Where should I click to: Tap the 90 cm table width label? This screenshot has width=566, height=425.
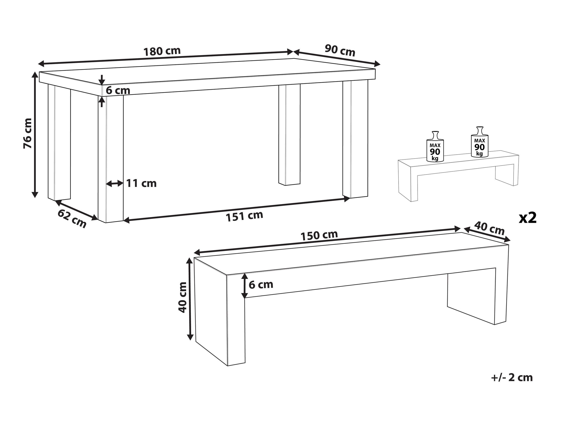[x=340, y=50]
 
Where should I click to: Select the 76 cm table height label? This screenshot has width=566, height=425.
[x=27, y=134]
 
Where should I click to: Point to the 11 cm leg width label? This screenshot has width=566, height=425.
[x=141, y=183]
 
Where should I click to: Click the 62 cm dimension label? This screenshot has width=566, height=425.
[x=72, y=219]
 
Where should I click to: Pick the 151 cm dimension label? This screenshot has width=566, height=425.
[x=244, y=216]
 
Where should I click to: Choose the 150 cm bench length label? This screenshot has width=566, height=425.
[x=319, y=235]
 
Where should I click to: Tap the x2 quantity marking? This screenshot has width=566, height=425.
[x=528, y=218]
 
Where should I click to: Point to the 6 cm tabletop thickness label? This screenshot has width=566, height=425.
[x=118, y=90]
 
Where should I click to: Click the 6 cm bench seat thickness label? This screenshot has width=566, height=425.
[x=261, y=285]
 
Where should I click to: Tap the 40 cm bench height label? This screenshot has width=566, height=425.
[x=182, y=297]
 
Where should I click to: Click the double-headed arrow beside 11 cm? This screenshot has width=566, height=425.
[x=114, y=183]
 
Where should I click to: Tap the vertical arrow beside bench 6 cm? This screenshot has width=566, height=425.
[x=245, y=286]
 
